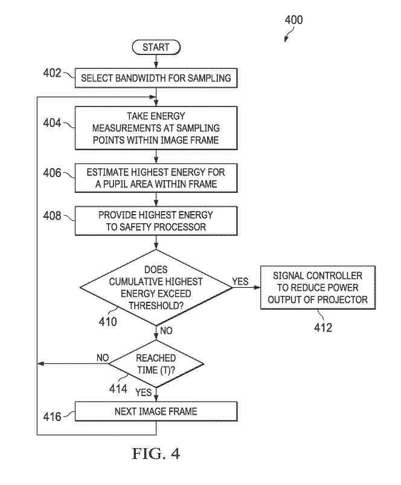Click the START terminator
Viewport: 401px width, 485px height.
pyautogui.click(x=156, y=47)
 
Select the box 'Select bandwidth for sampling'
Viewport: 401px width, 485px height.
pyautogui.click(x=156, y=77)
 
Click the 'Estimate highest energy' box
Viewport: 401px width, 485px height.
pyautogui.click(x=156, y=178)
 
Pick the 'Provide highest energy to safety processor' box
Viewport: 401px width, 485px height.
pyautogui.click(x=156, y=221)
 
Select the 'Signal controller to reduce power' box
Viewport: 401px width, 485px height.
pyautogui.click(x=312, y=287)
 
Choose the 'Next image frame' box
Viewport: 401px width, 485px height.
pyautogui.click(x=156, y=412)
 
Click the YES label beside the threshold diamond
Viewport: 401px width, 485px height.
pyautogui.click(x=241, y=282)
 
